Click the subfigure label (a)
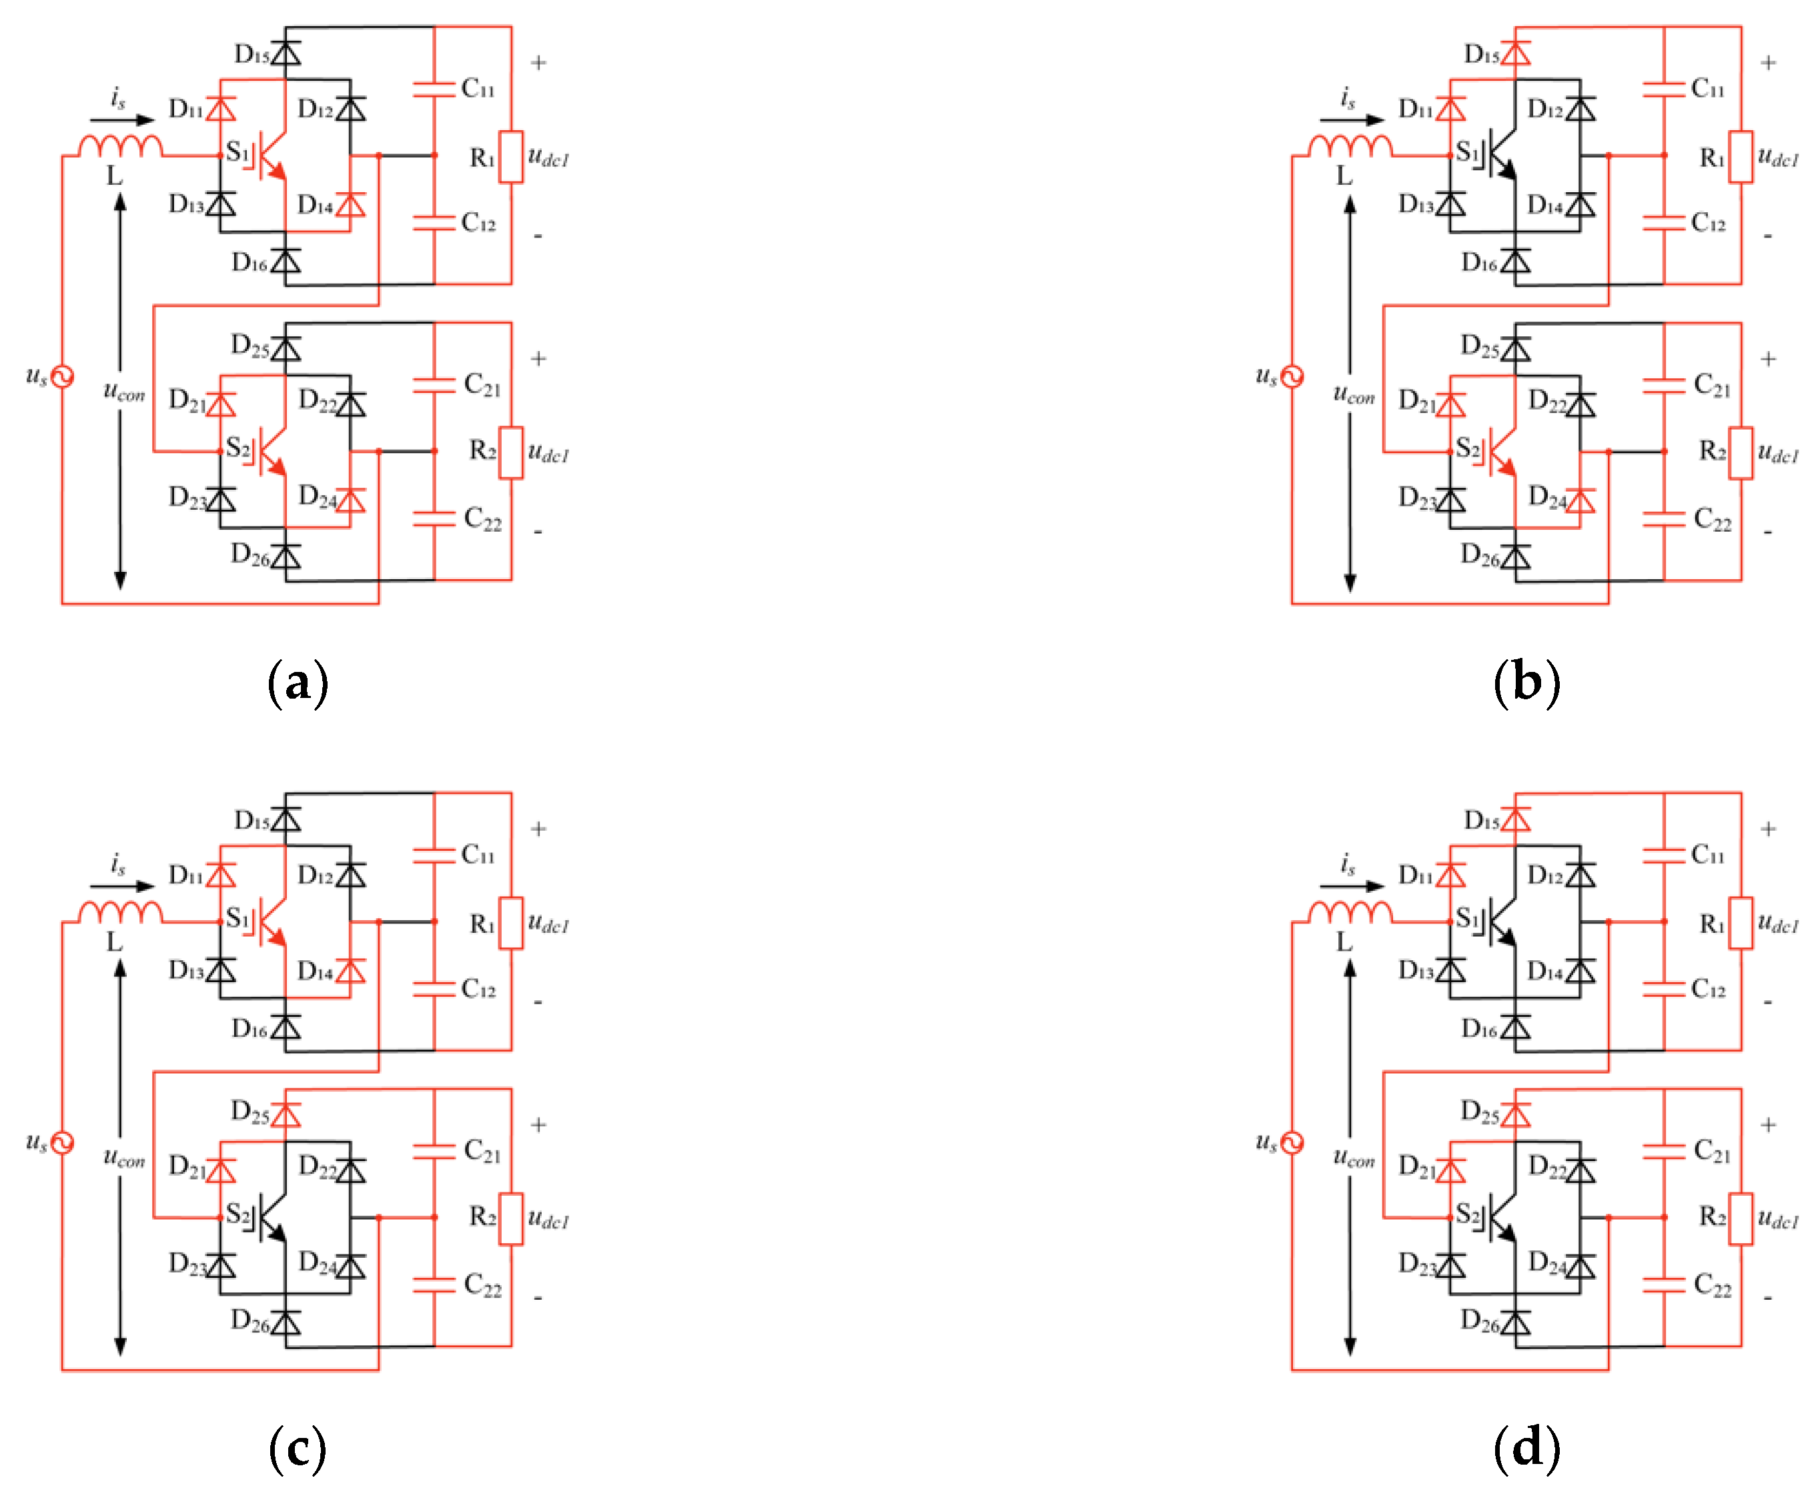coord(297,683)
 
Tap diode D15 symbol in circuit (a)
coord(285,53)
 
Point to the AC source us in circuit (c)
coord(62,1142)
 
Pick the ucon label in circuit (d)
coord(1353,1159)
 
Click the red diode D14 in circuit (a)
coord(350,206)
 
